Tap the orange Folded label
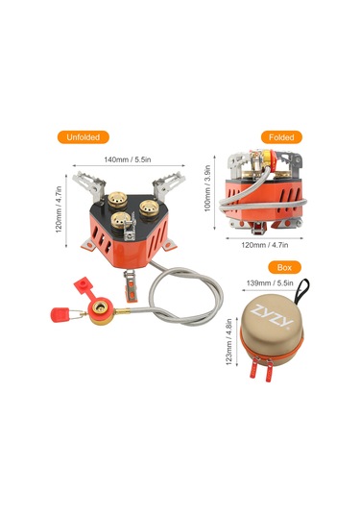pyautogui.click(x=281, y=137)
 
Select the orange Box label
pyautogui.click(x=282, y=266)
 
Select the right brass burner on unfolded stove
pyautogui.click(x=150, y=207)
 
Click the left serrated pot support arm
pyautogui.click(x=83, y=180)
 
